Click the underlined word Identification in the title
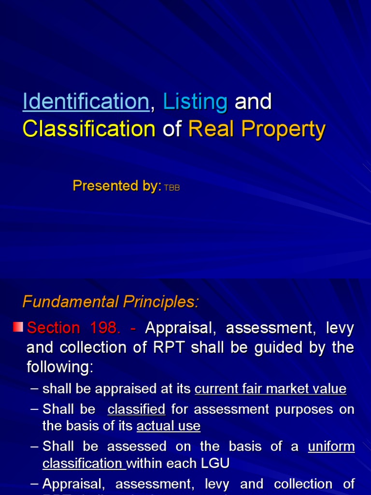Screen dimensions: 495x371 pos(86,102)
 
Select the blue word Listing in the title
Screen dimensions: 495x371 pos(195,102)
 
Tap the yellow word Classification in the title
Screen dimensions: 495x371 pos(89,129)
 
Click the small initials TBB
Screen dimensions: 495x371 pos(172,188)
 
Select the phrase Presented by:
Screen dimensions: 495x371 pos(117,186)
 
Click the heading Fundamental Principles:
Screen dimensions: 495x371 pos(111,302)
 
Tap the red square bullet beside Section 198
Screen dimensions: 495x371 pos(18,327)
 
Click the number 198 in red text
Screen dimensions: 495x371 pos(105,328)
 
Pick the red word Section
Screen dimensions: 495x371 pos(54,328)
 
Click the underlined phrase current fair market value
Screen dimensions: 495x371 pos(271,389)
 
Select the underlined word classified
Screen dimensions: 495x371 pos(136,409)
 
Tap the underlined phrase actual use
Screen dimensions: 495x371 pos(168,426)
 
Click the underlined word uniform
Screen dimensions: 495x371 pos(331,446)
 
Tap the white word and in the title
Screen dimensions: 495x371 pos(253,102)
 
